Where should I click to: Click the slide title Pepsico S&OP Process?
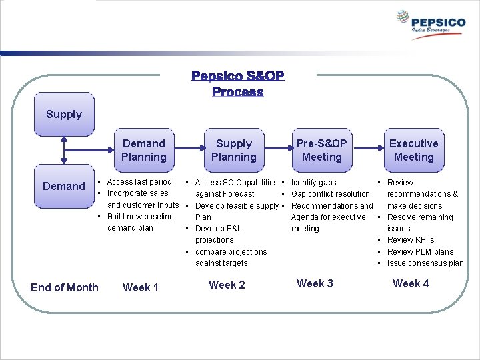pos(238,83)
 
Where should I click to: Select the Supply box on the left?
pos(64,114)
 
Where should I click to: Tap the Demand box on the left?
pos(64,186)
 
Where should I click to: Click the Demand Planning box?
pos(143,150)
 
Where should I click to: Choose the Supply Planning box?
pos(234,150)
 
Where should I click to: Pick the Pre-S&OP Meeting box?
pos(321,150)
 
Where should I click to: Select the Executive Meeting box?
pos(413,150)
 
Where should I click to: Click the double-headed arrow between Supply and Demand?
pos(64,150)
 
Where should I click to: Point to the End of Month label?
pos(64,287)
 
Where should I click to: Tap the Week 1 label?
pos(141,287)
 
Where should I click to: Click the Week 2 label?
pos(227,285)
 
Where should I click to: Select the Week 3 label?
pos(315,283)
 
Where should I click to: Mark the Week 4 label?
pos(411,283)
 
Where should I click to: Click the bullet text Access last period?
pos(139,182)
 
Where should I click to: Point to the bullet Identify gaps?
pos(314,182)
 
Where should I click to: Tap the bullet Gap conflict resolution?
pos(331,194)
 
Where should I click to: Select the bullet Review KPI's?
pos(411,240)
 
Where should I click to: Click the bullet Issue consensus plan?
pos(425,263)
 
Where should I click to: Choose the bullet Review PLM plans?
pos(420,252)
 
